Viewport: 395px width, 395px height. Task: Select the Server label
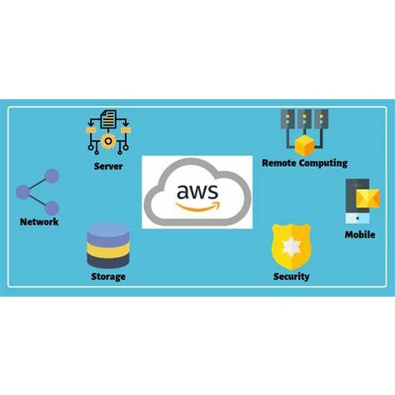pos(108,167)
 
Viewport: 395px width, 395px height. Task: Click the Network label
pos(39,222)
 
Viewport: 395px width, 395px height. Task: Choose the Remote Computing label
pos(304,163)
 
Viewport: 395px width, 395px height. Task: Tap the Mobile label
pos(360,235)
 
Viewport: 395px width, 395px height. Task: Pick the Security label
pos(291,277)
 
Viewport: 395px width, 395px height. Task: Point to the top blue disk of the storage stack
pos(107,231)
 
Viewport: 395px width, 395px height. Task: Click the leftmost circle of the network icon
pos(23,193)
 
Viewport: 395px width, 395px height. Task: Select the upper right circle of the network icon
pos(51,177)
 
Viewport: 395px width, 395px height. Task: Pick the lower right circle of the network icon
pos(51,208)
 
